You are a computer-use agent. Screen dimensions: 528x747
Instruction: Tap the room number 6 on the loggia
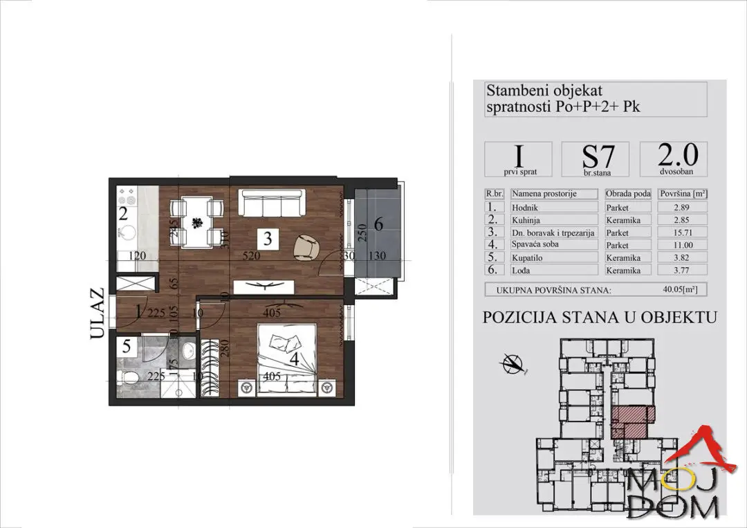378,225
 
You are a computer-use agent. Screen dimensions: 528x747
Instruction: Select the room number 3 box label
268,239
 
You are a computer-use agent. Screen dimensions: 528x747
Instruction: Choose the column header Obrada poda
627,194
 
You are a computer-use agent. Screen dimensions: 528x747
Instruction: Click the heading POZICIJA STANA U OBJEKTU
599,318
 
